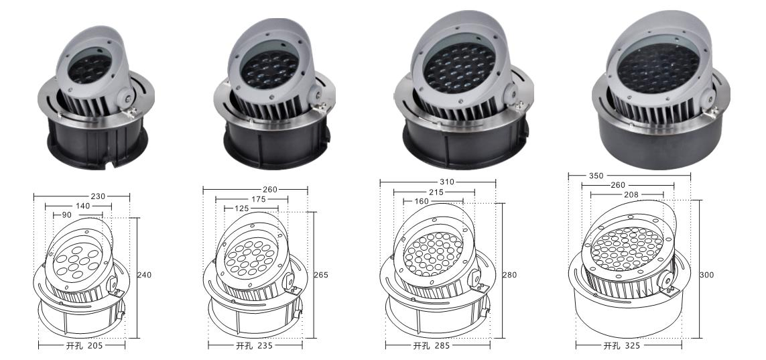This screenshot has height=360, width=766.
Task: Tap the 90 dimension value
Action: point(68,216)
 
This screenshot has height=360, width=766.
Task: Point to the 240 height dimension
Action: point(145,275)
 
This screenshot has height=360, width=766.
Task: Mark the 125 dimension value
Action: point(241,208)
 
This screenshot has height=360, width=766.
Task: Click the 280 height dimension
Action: point(511,274)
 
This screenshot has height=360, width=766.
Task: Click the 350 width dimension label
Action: point(578,176)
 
